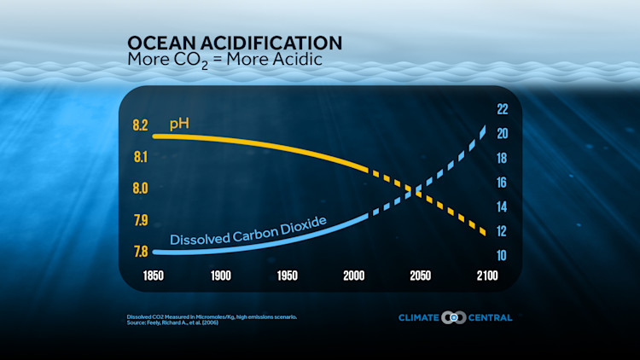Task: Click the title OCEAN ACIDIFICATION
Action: click(x=235, y=43)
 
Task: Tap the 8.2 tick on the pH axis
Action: click(x=138, y=125)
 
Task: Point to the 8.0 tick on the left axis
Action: click(x=138, y=189)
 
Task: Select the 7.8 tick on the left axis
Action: click(x=138, y=252)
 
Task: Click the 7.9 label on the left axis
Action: click(x=138, y=220)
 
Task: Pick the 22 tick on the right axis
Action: click(x=503, y=109)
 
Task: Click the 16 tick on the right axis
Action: click(x=503, y=183)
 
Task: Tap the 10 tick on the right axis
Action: click(x=503, y=255)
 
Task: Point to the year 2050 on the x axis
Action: click(x=420, y=276)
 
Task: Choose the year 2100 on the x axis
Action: click(x=486, y=276)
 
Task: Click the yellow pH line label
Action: click(x=179, y=125)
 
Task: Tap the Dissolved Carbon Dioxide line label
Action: click(x=248, y=230)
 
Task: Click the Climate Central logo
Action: click(x=455, y=317)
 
